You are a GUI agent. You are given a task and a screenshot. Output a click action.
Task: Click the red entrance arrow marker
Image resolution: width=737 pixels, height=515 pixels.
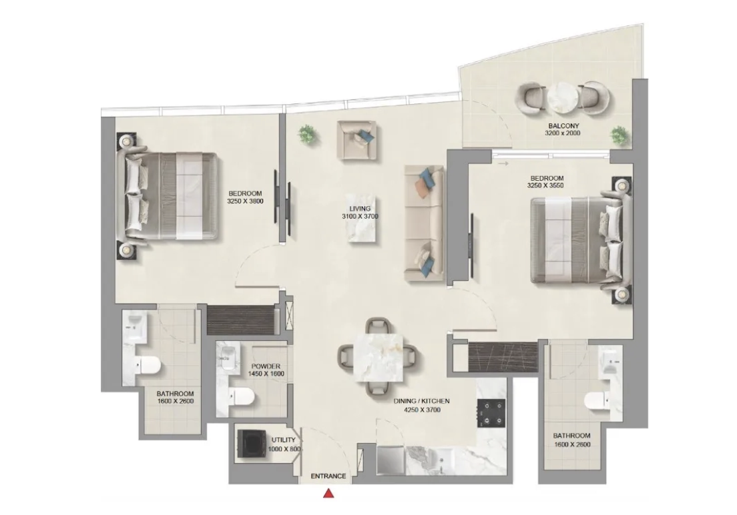point(329,494)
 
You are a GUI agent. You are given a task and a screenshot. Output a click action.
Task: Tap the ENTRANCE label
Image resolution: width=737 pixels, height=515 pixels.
point(328,476)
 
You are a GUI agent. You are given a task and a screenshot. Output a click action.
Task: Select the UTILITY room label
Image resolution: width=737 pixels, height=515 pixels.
point(284,440)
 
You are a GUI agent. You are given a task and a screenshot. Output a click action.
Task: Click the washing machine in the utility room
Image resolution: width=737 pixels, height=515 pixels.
point(250,443)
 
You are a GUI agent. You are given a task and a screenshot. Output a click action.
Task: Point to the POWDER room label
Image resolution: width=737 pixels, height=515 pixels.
point(266,366)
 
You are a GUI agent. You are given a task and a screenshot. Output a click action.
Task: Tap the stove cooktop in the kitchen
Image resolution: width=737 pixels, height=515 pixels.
point(491,413)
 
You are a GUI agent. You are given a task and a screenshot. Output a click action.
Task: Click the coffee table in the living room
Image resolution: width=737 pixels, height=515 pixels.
point(361,219)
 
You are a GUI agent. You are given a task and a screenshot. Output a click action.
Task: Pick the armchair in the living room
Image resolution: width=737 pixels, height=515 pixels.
point(356,139)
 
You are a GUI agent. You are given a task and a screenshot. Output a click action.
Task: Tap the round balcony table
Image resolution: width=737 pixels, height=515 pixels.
point(562,98)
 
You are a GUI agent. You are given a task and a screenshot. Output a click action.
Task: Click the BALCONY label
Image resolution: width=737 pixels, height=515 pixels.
point(563,126)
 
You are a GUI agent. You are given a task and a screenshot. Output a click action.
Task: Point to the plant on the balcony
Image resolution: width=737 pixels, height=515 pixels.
point(620,135)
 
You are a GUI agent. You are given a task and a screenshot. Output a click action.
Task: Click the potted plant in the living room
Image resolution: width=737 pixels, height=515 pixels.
point(307,135)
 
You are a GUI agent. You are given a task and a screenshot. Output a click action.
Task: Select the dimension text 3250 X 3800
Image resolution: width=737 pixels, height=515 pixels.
point(245,201)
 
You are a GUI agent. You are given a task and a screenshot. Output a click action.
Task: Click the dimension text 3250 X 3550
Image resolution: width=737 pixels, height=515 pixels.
point(545,185)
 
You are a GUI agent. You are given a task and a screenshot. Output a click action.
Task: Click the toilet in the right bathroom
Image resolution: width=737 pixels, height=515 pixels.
point(597,400)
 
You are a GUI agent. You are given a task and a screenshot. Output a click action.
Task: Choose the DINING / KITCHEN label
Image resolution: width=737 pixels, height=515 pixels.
point(422,402)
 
